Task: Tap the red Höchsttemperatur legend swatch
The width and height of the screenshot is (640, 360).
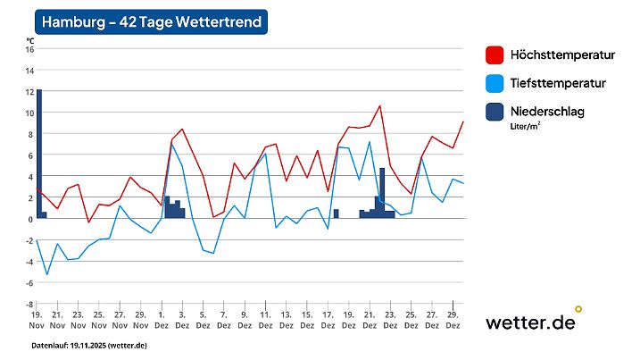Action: pos(494,54)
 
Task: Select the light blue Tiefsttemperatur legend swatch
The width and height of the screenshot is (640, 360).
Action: pos(494,83)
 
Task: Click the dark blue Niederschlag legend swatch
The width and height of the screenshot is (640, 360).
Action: pos(494,112)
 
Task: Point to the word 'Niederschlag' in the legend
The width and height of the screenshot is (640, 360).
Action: pos(545,111)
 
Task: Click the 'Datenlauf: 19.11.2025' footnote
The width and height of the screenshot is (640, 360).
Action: pos(89,345)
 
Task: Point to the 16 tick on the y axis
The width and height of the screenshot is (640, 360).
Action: pos(29,49)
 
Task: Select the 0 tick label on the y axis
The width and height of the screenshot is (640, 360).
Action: pos(29,219)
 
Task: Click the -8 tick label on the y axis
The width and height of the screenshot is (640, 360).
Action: pos(29,304)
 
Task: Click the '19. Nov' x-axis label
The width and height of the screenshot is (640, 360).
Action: pos(37,321)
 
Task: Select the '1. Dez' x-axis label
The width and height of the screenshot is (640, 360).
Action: pos(162,321)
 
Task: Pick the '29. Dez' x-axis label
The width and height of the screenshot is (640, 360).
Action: pos(453,321)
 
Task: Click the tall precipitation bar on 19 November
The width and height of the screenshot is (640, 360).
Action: pos(39,152)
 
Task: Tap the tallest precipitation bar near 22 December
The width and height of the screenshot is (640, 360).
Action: pos(382,192)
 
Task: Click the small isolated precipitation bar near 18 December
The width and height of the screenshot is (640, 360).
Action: pos(337,213)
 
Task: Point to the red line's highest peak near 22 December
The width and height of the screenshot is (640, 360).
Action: pos(380,105)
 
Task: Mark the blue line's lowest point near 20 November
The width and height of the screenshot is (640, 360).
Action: pos(47,274)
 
